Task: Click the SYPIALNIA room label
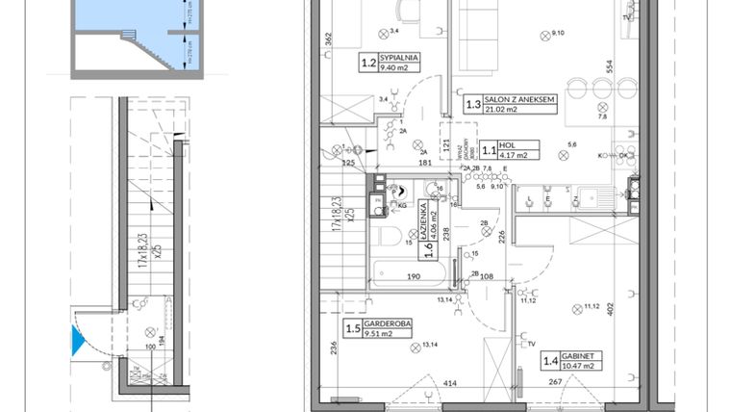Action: click(398, 59)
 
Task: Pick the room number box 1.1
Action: click(489, 150)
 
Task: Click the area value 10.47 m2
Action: click(580, 366)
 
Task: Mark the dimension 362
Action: click(328, 41)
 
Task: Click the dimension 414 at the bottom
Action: click(448, 384)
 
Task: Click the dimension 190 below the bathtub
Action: click(412, 276)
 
